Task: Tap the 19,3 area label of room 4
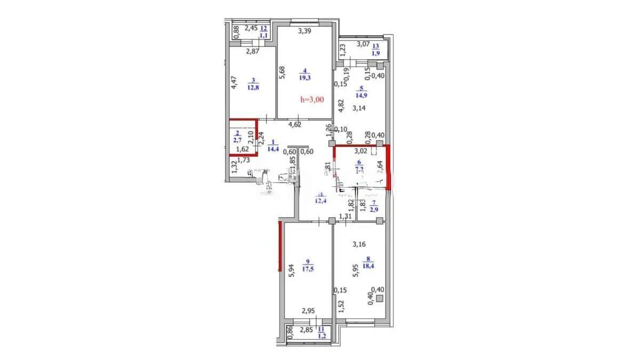click(x=305, y=77)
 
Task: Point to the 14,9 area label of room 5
click(x=361, y=96)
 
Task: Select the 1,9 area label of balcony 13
click(x=375, y=53)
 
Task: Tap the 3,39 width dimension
click(x=305, y=31)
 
